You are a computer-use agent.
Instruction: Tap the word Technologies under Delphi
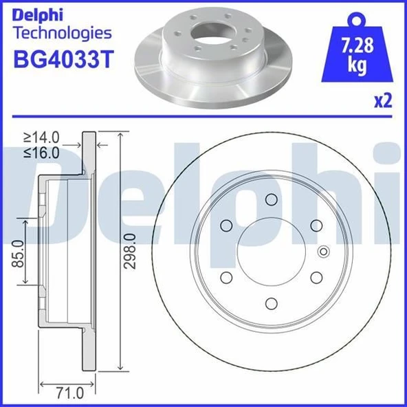pyautogui.click(x=62, y=32)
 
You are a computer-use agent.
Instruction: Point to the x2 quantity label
pyautogui.click(x=382, y=101)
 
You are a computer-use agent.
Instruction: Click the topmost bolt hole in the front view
pyautogui.click(x=271, y=200)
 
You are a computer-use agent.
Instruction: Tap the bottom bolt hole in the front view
pyautogui.click(x=271, y=302)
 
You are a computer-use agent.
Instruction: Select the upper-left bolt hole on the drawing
pyautogui.click(x=226, y=225)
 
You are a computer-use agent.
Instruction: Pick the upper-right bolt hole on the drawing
pyautogui.click(x=316, y=225)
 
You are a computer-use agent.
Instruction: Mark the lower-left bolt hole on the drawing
pyautogui.click(x=226, y=277)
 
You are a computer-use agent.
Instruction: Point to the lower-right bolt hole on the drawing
pyautogui.click(x=316, y=277)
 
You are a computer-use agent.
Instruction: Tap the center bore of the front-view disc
pyautogui.click(x=271, y=252)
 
